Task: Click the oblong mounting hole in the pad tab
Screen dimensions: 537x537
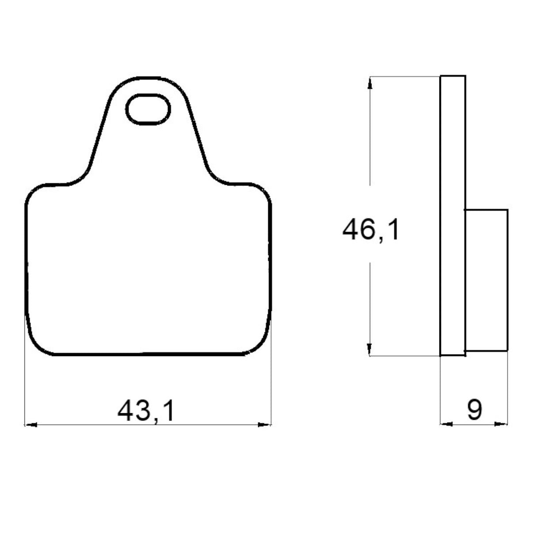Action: coord(148,109)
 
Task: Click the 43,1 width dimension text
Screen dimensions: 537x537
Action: coord(146,410)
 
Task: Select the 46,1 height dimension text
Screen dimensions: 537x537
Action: coord(371,230)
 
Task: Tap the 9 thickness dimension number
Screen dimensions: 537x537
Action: coord(474,410)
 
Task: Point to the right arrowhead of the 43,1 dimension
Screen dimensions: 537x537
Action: coord(265,426)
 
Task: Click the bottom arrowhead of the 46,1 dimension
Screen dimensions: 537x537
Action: coord(370,349)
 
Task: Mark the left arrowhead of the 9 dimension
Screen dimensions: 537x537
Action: coord(446,424)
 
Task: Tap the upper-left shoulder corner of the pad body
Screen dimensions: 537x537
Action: coord(33,191)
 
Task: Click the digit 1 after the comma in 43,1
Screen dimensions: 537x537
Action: coord(169,410)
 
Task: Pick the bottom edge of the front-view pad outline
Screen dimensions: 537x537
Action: coord(148,355)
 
